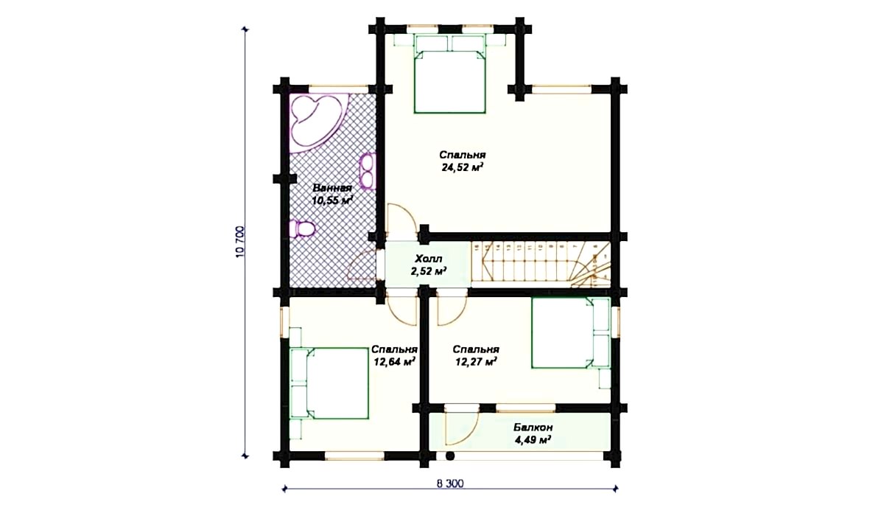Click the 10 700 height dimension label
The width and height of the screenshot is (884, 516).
point(241,242)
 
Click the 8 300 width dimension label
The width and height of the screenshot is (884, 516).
point(450,484)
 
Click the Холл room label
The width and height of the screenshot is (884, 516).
point(428,259)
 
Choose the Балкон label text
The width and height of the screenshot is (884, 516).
point(533,427)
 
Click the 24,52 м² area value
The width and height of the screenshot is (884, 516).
point(463,167)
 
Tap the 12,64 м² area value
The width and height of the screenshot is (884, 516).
point(394,362)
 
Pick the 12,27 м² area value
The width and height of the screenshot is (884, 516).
point(476,362)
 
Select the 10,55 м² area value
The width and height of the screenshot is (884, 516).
point(332,201)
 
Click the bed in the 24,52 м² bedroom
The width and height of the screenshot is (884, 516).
point(449,74)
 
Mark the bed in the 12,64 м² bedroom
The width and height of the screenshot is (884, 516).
point(329,383)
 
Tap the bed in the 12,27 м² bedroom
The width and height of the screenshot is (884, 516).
point(571,332)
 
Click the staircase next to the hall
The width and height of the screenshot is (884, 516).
point(541,265)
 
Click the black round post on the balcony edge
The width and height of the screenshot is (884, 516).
point(450,456)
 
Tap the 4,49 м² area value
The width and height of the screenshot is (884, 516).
point(533,440)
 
